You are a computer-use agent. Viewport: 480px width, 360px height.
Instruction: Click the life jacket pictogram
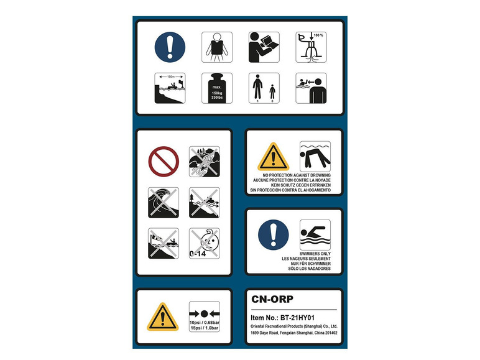coord(217,47)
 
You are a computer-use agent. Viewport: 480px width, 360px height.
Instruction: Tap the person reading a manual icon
coord(264,47)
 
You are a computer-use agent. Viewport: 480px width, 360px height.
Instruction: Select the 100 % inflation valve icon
coord(311,47)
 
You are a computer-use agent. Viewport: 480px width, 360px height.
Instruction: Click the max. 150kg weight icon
coord(217,88)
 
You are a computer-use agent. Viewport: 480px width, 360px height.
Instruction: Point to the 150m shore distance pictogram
coord(170,88)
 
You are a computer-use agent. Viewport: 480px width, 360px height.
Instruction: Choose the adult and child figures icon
coord(264,88)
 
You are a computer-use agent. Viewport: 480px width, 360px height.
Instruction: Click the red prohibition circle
coord(164,161)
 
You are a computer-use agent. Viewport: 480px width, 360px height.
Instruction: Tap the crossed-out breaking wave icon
coord(164,203)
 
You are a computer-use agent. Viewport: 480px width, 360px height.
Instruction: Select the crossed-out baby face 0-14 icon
coord(205,243)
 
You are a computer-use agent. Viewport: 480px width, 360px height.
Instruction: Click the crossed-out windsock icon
coord(164,243)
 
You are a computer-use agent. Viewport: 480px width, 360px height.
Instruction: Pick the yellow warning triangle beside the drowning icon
coord(273,157)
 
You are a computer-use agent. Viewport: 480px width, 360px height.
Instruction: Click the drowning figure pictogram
coord(315,157)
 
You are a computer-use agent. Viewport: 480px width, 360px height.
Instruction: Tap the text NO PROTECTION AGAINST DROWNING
coord(297,175)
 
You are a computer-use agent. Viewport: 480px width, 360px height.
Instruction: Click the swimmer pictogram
coord(315,235)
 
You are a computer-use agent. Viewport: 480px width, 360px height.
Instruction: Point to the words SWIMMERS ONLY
coord(315,254)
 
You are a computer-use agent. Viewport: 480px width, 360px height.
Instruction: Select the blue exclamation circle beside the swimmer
coord(274,235)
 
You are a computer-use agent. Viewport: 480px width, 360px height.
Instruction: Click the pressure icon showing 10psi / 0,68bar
coord(205,316)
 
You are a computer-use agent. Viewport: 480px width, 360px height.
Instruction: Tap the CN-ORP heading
coord(272,299)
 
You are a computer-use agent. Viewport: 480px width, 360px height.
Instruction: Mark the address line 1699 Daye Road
coord(294,333)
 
